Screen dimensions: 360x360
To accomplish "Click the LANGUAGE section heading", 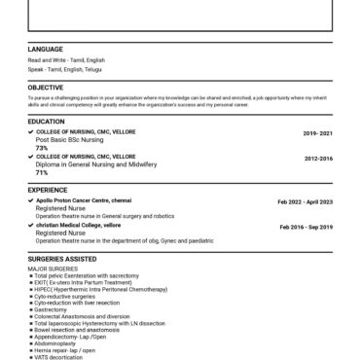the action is coord(46,49).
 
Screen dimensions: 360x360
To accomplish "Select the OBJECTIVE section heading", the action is coord(46,88).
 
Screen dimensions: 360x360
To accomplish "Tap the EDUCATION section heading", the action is coord(47,121).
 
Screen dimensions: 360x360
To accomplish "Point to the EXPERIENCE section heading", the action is coord(48,190).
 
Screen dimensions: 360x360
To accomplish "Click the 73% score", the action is coord(42,147).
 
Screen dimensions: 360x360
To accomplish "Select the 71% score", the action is coord(42,172).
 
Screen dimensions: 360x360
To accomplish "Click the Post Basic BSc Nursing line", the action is coord(69,139).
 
